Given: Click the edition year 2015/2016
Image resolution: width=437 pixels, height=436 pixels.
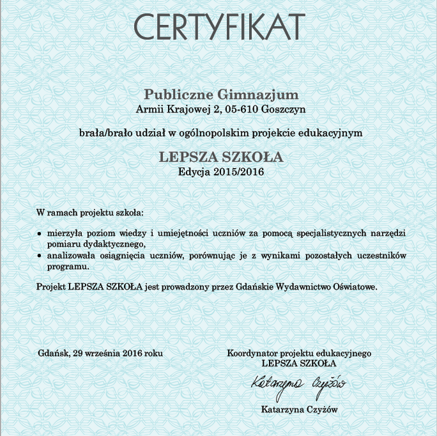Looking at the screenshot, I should pos(238,171).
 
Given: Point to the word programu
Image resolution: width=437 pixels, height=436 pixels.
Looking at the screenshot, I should pos(67,265).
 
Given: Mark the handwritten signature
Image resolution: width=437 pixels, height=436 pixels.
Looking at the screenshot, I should pos(298,384).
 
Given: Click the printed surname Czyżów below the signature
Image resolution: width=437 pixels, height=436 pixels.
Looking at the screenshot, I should pos(321,410).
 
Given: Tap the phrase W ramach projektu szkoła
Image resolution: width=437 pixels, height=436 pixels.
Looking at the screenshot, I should pos(89,212).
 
